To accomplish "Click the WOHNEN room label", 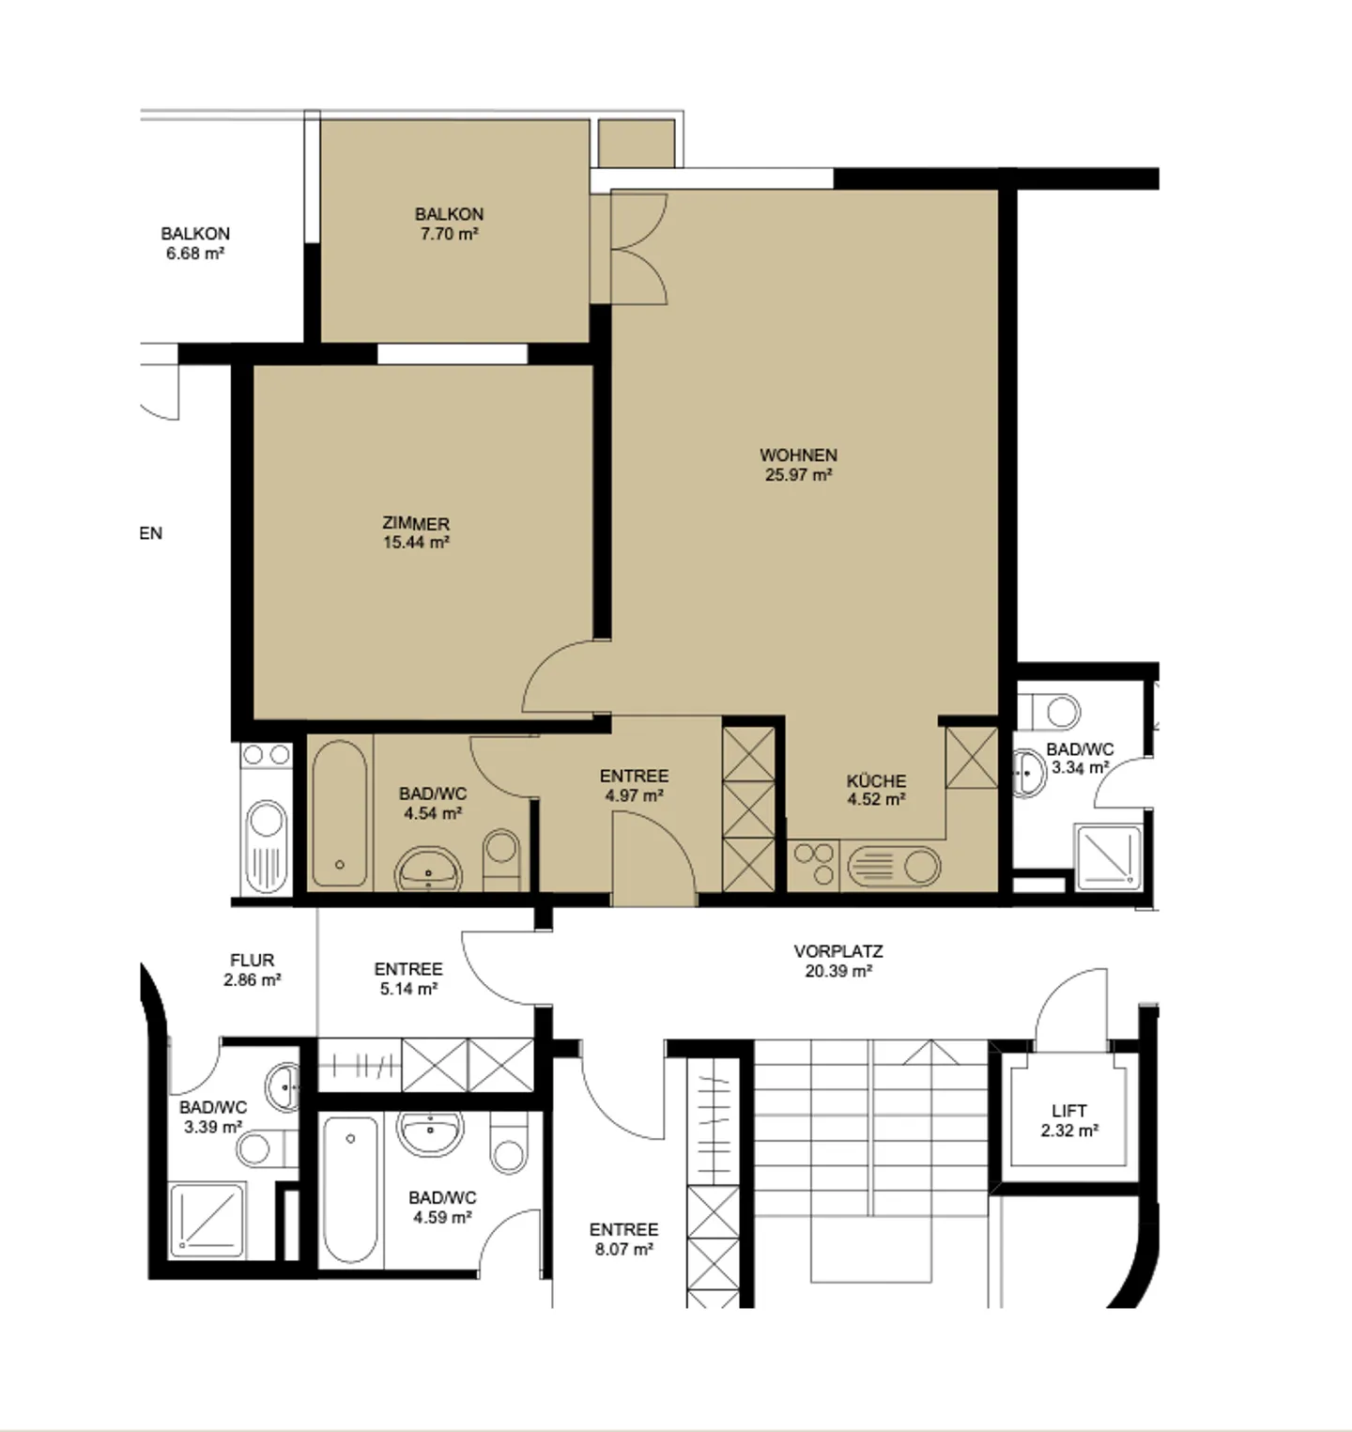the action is click(798, 455).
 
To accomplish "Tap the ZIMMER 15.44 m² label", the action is click(416, 532).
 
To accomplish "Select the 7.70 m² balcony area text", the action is click(450, 234).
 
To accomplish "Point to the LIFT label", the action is click(1069, 1111).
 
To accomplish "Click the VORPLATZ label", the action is click(838, 951).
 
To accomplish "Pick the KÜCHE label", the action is click(876, 780).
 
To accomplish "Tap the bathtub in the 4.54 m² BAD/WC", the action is click(340, 813).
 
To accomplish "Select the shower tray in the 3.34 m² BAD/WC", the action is click(1108, 857).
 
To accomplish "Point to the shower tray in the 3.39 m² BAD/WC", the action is click(207, 1220).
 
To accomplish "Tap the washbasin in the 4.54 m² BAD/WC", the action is click(429, 869).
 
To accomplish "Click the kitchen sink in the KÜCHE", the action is click(893, 867).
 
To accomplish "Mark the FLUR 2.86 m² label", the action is click(252, 970).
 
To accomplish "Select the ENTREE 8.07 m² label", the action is click(623, 1240).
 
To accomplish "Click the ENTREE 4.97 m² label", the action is click(635, 786).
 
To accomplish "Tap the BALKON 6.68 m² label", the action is click(195, 243).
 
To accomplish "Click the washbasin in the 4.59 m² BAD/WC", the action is click(430, 1133).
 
